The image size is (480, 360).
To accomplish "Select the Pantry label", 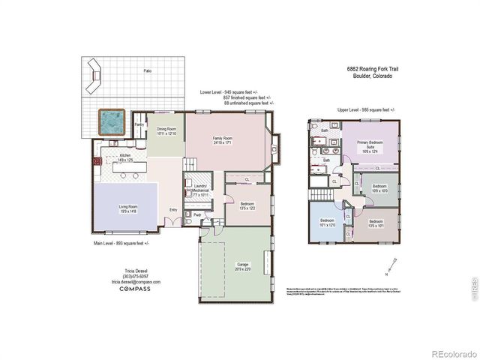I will tap(139, 124).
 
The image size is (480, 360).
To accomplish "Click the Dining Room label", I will tap(166, 130).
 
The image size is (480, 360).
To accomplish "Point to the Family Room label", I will tap(223, 140).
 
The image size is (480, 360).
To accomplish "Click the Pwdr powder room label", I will tap(196, 214).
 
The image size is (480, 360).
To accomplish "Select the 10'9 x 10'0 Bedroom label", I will tap(379, 188).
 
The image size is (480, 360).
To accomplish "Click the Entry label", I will tap(174, 209).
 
